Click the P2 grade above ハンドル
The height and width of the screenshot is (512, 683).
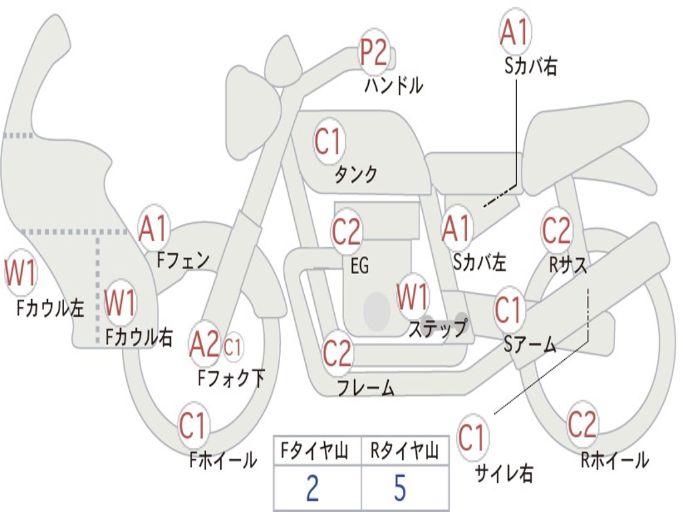[x=374, y=53]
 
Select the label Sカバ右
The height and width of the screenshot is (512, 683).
[x=531, y=66]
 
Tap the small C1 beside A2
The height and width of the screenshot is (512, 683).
[x=233, y=346]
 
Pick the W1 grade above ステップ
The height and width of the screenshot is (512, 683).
[x=413, y=297]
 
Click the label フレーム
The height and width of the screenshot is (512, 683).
[x=366, y=387]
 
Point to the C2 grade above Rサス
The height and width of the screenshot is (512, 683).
[x=556, y=231]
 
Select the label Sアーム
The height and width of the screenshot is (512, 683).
[x=530, y=343]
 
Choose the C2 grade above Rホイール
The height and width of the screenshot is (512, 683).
[x=582, y=424]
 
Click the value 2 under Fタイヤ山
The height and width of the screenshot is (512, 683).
[x=312, y=489]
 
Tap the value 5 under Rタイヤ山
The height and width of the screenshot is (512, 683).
[x=400, y=489]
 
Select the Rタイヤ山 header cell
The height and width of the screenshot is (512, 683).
[x=404, y=453]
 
